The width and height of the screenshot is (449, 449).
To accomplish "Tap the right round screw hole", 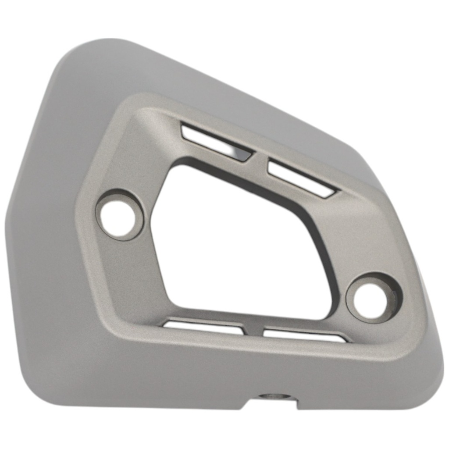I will click(x=370, y=301).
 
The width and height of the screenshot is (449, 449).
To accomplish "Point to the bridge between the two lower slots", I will click(x=253, y=331).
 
